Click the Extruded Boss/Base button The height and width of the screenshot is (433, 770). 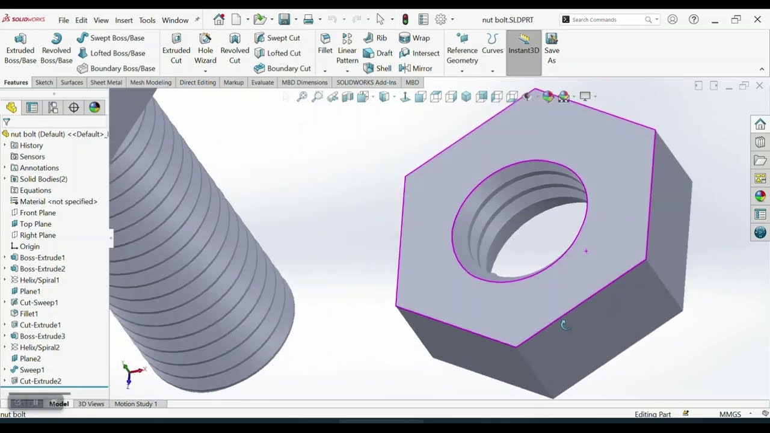[20, 48]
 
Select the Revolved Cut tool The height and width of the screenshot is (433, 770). [235, 48]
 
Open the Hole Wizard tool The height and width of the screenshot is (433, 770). [205, 48]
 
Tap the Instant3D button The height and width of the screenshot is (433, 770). [523, 45]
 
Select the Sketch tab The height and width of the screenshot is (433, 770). [44, 82]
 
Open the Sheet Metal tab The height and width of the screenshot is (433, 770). [106, 82]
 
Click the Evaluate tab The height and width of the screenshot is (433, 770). [262, 82]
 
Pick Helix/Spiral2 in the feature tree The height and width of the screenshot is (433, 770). [39, 348]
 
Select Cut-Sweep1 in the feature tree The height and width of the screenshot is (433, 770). [38, 302]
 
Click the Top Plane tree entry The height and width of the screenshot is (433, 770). [35, 224]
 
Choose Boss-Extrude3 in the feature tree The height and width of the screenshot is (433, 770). [42, 336]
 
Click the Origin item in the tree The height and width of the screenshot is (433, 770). [29, 247]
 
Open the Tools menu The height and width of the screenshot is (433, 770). [147, 20]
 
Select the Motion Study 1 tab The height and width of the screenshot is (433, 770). [135, 404]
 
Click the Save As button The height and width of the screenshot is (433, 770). [552, 48]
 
